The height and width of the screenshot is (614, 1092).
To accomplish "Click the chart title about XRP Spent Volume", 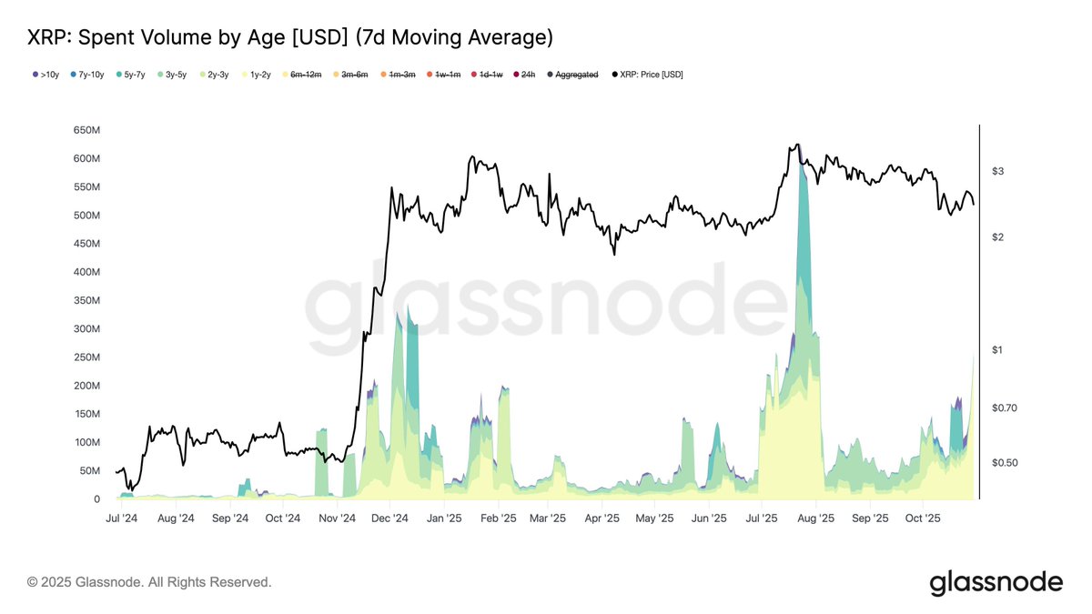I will point(290,37).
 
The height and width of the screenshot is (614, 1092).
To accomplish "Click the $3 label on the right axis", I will point(997,171).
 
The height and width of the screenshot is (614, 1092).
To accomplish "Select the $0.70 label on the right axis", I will point(1005,408).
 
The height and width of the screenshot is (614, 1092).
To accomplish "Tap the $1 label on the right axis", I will point(997,350).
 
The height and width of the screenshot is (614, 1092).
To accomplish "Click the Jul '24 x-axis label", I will point(122,518).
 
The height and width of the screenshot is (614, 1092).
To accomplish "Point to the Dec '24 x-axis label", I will point(390,518).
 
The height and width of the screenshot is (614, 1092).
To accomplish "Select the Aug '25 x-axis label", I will point(816,518).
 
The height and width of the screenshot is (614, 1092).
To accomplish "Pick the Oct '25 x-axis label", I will point(923,518).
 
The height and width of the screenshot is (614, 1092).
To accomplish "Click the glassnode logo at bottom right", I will point(996,582).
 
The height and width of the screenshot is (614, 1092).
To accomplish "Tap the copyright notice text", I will point(149,582).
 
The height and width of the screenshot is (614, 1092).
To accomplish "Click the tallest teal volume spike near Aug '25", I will point(801,227).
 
